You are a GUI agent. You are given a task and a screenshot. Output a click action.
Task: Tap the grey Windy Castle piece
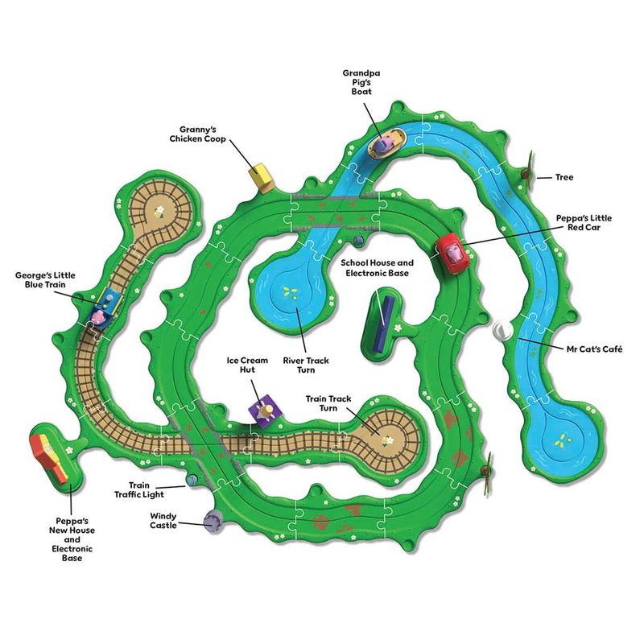coord(213,522)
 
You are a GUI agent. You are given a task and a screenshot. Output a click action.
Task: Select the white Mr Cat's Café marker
coord(501,330)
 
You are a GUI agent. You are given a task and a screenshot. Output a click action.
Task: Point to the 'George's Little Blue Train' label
coord(45,280)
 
